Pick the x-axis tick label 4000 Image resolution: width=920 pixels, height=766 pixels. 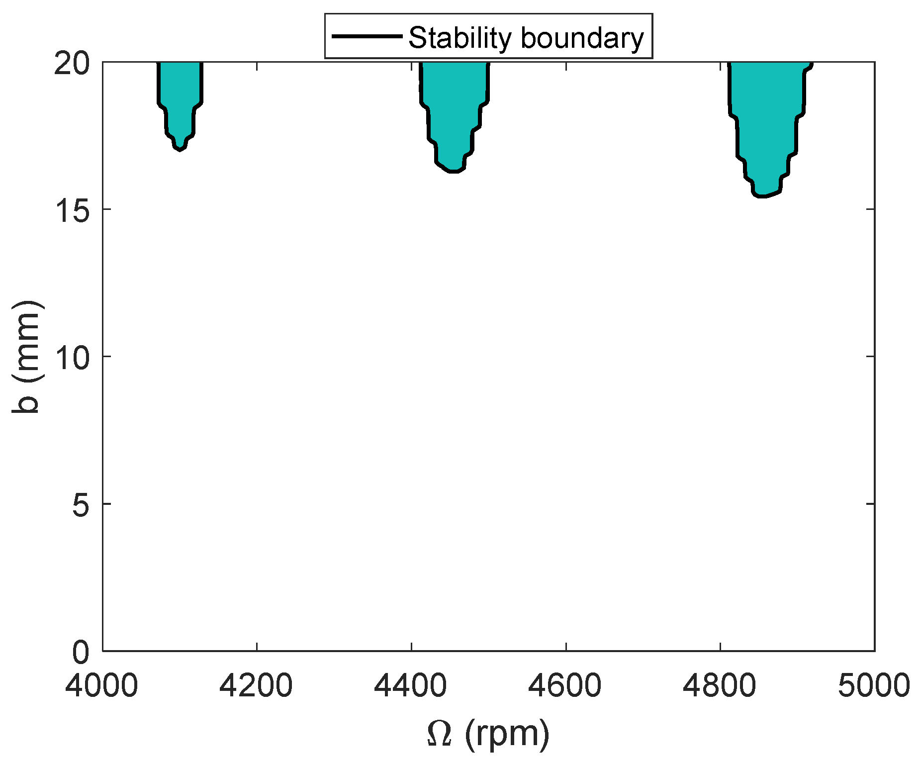(102, 685)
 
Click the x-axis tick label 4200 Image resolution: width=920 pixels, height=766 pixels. (257, 685)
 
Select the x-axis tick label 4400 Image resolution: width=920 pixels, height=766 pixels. (411, 685)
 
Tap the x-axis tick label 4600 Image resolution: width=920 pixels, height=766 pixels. (565, 685)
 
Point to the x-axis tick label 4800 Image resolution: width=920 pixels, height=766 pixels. (720, 685)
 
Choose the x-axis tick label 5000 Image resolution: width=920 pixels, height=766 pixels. (874, 685)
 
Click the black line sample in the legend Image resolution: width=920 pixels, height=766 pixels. (367, 36)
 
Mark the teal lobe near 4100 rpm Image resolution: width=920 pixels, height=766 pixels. (180, 99)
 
